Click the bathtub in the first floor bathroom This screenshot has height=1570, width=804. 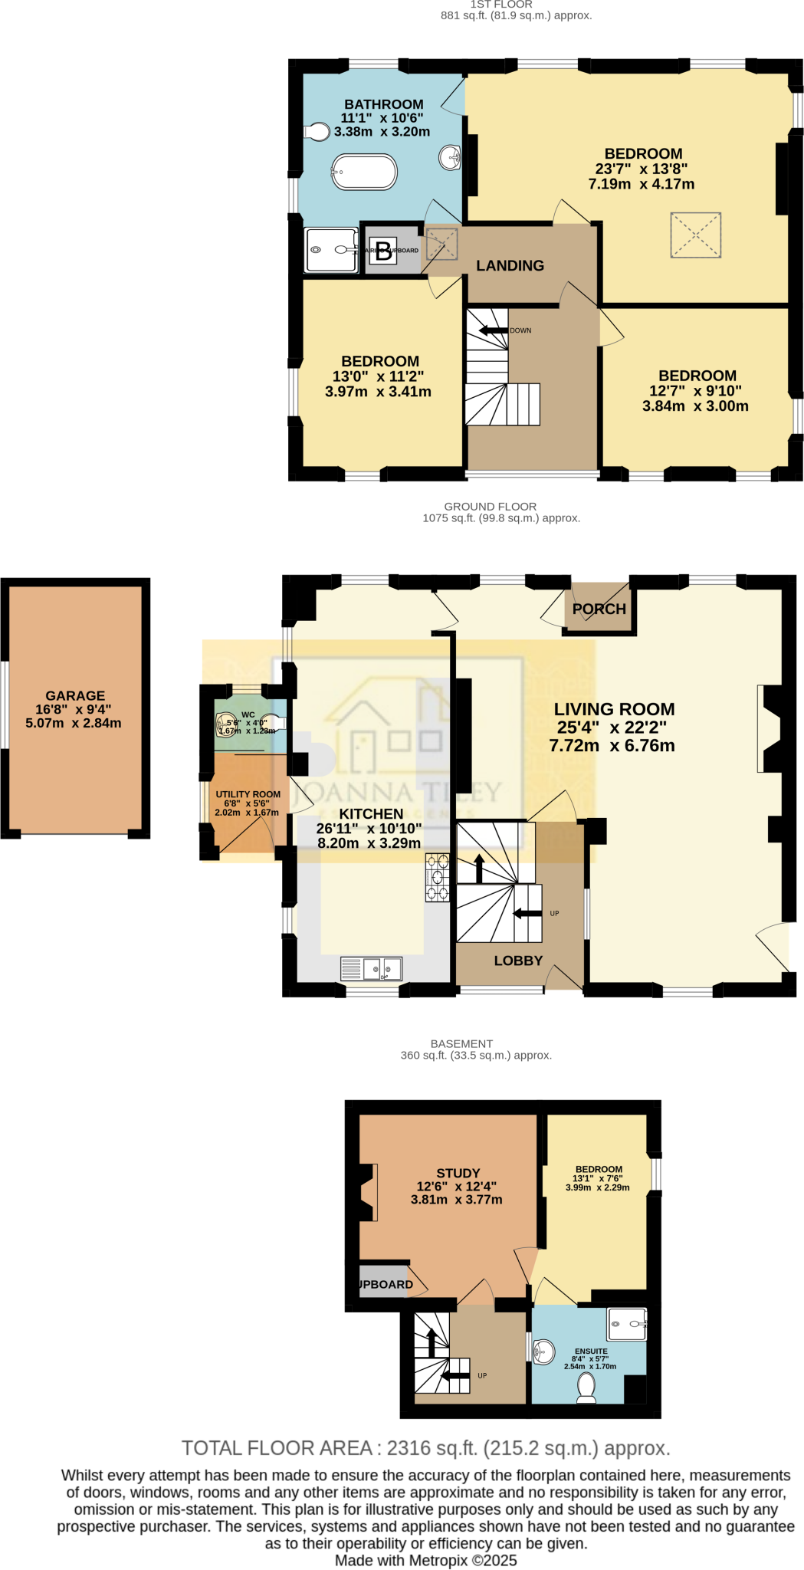(364, 172)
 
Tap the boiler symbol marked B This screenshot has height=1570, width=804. (383, 251)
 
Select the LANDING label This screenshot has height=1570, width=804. (510, 266)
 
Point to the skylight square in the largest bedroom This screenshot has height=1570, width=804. (696, 235)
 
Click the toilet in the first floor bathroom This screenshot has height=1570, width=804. (316, 132)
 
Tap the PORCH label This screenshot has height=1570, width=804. (599, 609)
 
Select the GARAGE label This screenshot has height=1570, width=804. (75, 696)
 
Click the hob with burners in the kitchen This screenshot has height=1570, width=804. (438, 878)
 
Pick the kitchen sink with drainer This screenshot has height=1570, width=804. (372, 969)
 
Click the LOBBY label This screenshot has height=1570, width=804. (518, 961)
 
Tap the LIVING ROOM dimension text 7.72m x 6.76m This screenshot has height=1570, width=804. (612, 746)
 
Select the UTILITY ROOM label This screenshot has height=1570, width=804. (248, 794)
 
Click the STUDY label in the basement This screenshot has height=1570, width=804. (458, 1173)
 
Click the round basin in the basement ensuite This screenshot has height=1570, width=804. (543, 1352)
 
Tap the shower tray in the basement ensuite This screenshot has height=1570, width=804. (627, 1324)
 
